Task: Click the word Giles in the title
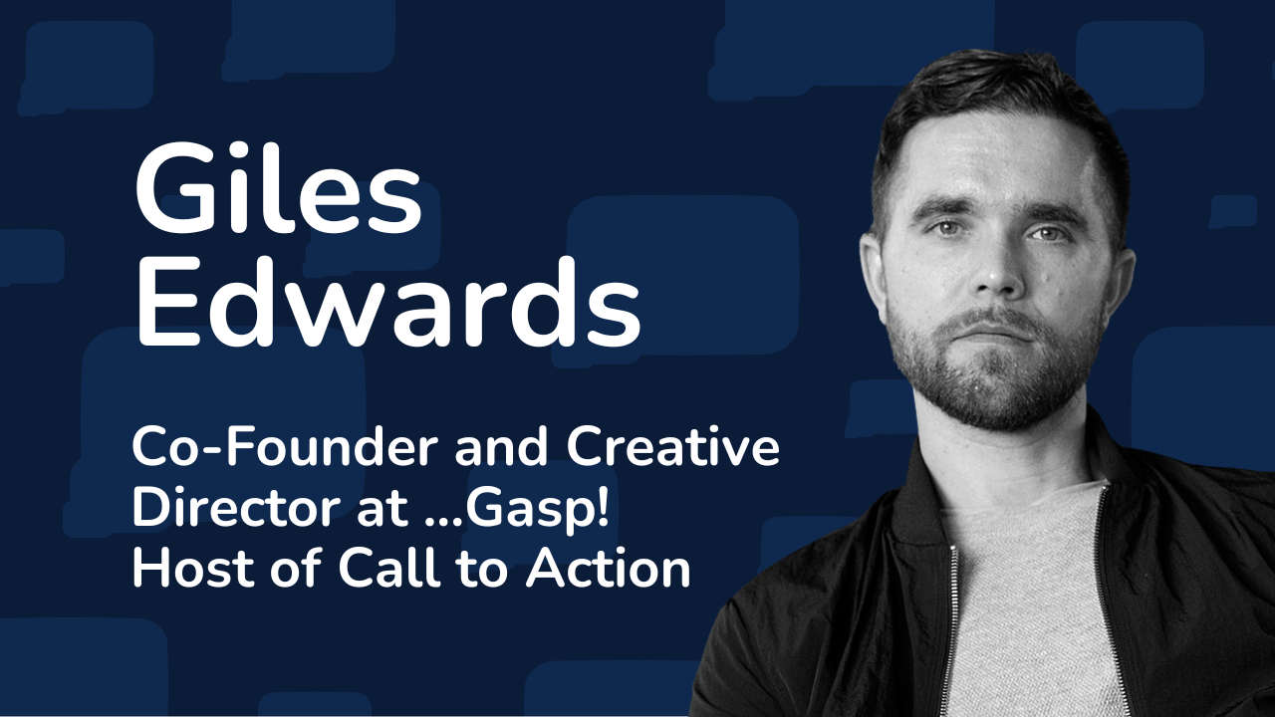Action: click(279, 188)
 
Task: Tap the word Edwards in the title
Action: click(388, 301)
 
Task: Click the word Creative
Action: click(672, 447)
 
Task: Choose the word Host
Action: click(193, 568)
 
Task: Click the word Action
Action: click(609, 568)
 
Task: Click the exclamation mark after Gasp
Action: click(604, 507)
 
